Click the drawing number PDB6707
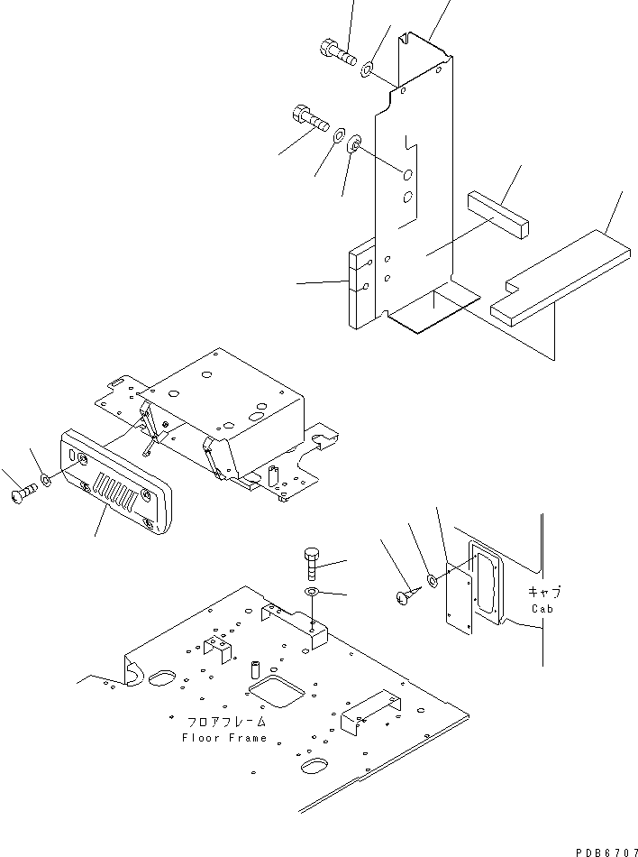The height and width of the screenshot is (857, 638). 601,850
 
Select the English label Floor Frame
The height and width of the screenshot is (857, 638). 224,738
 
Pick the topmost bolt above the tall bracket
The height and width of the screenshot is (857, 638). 334,51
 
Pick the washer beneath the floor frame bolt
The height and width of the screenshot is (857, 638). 312,591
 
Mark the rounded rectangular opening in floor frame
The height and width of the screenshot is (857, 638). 275,693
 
